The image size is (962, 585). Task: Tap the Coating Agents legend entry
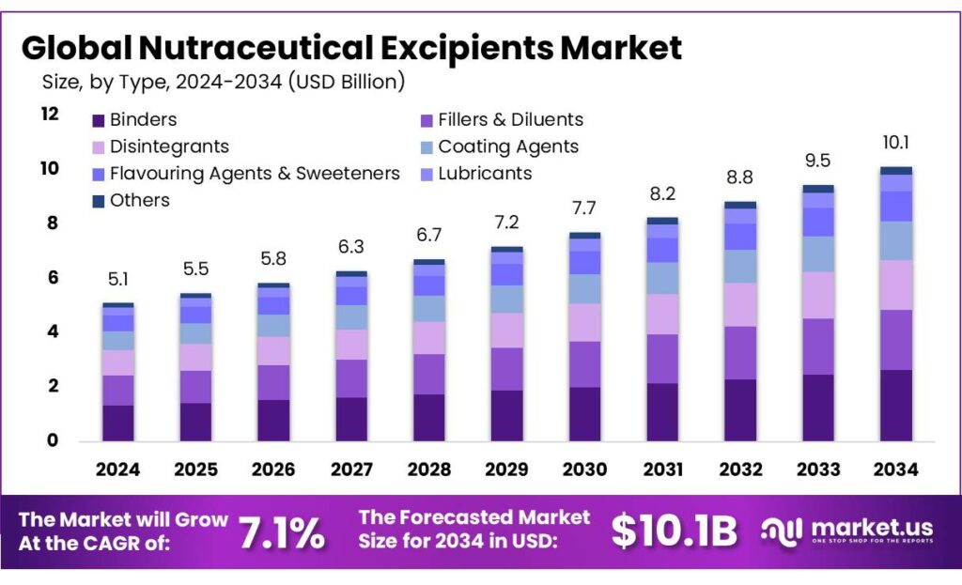click(x=508, y=146)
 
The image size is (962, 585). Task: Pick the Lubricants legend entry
click(x=485, y=174)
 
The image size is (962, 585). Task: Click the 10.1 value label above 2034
click(x=895, y=144)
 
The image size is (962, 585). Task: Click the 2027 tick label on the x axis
click(x=351, y=470)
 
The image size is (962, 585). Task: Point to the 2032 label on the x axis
click(x=740, y=470)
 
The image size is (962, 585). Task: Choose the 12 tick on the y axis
click(x=48, y=114)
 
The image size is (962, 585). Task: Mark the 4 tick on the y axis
click(x=52, y=331)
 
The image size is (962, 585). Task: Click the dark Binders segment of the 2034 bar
click(x=895, y=405)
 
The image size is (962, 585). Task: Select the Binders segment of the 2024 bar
click(x=118, y=423)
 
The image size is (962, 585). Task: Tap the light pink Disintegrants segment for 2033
click(x=817, y=295)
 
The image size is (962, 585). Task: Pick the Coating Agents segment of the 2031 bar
click(x=662, y=278)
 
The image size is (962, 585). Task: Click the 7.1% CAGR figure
click(x=282, y=532)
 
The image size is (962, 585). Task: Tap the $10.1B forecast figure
click(x=675, y=531)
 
